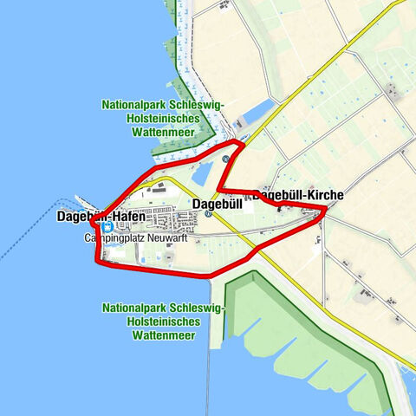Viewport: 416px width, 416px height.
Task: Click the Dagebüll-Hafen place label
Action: (101, 216)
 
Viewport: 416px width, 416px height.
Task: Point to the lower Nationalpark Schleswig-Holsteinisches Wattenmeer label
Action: (163, 321)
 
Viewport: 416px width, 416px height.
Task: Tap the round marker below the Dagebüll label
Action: (208, 216)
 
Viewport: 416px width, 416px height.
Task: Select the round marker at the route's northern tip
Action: (226, 159)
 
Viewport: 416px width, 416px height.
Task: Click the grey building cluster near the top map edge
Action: (224, 4)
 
